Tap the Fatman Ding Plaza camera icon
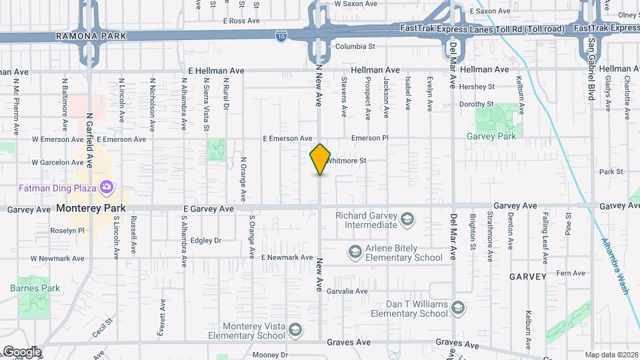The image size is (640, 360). click(105, 185)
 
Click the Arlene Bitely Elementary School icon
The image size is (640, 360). click(355, 252)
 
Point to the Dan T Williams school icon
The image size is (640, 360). click(457, 307)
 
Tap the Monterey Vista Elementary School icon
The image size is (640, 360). click(295, 329)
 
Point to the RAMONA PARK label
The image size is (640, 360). click(83, 35)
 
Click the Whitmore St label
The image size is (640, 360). click(347, 161)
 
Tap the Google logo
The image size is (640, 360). click(21, 351)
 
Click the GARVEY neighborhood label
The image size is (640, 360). click(528, 276)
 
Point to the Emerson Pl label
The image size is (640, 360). click(369, 139)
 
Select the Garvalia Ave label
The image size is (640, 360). click(347, 291)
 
